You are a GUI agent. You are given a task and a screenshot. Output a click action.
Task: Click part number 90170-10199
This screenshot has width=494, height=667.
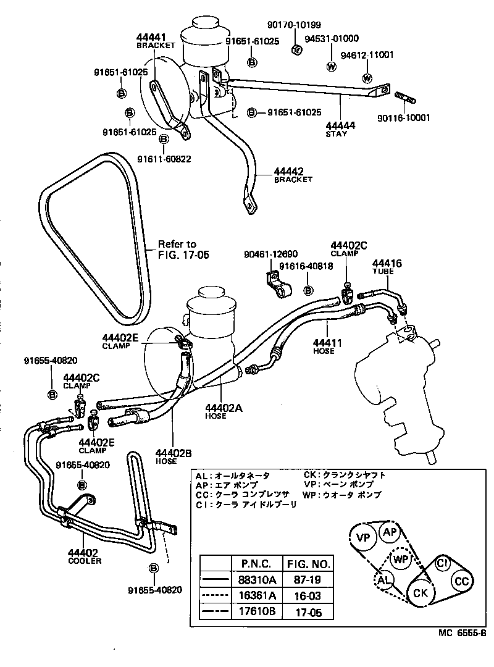pyautogui.click(x=294, y=25)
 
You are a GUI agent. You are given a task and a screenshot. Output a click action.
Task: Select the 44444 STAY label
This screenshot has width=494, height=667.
pyautogui.click(x=340, y=129)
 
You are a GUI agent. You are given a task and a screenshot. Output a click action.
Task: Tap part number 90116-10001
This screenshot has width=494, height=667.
pyautogui.click(x=404, y=118)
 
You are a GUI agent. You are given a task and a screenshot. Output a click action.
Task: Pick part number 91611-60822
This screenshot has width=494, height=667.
pyautogui.click(x=164, y=159)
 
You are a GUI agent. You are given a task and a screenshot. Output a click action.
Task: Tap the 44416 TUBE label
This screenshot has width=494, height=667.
pyautogui.click(x=387, y=267)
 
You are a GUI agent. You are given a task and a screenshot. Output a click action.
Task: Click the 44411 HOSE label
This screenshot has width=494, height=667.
pyautogui.click(x=324, y=346)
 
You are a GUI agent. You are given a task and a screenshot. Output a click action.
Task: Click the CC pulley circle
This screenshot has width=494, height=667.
pyautogui.click(x=461, y=581)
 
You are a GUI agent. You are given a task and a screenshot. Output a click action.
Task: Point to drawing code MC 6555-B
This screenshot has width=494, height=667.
pyautogui.click(x=463, y=632)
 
